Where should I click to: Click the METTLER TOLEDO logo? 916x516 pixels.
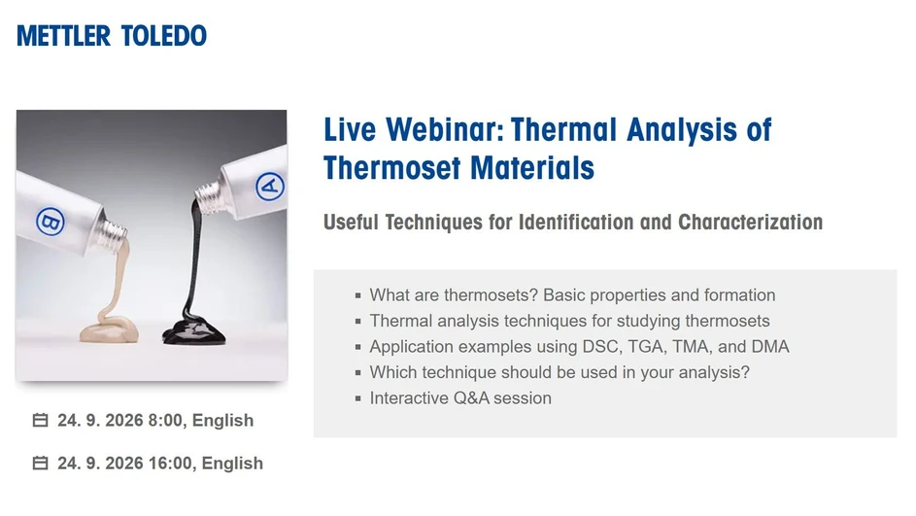click(112, 36)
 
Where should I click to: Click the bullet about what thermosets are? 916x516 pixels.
click(572, 295)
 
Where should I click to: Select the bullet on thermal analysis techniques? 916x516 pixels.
click(569, 321)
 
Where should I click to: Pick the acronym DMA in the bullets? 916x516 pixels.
click(770, 346)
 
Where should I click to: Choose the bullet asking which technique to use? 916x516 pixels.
click(560, 372)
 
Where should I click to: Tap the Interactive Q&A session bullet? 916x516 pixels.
click(460, 397)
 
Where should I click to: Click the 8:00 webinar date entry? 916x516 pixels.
click(155, 421)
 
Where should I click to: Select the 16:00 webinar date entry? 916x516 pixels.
click(160, 464)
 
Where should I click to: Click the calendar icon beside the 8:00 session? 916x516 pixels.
click(41, 421)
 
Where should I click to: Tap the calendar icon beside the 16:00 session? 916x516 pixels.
click(41, 464)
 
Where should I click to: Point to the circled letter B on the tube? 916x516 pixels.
click(49, 222)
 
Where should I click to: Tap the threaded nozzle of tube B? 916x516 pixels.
click(116, 230)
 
